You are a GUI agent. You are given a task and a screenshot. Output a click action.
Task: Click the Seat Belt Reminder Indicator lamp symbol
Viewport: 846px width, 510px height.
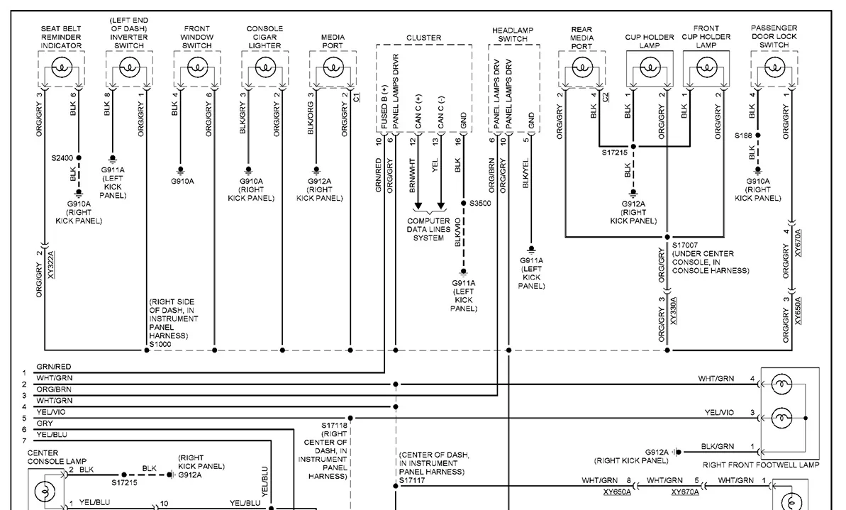tap(61, 68)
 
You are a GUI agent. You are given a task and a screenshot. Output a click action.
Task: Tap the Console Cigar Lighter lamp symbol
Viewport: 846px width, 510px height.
tap(265, 68)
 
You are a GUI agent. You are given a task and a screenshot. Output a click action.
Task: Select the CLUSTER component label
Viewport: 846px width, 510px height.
tap(423, 38)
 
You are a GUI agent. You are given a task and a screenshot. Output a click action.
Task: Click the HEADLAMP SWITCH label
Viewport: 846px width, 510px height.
tap(513, 35)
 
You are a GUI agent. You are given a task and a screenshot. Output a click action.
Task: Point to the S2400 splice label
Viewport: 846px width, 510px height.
tap(62, 158)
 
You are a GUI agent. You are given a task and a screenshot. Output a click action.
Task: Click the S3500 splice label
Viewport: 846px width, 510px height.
tap(480, 204)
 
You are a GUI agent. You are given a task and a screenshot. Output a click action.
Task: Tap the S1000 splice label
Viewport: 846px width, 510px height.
tap(160, 344)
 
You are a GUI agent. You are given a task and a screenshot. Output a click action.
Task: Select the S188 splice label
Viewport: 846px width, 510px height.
tap(743, 135)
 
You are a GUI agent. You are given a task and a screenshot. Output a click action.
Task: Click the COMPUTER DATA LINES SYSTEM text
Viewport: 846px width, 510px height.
tap(428, 229)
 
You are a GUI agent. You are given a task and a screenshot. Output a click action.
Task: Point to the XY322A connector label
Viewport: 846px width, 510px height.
tap(51, 265)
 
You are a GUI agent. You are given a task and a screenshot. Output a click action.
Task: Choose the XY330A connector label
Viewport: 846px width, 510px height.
tap(674, 311)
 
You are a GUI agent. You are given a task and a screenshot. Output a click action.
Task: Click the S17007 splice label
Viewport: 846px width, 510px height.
tap(685, 245)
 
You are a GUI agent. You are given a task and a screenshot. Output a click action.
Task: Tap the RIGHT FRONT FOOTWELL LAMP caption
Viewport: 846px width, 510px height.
tap(761, 465)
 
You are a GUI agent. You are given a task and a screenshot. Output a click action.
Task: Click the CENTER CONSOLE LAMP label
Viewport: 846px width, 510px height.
tap(57, 457)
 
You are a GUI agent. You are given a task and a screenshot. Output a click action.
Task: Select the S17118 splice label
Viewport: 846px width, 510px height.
tap(335, 426)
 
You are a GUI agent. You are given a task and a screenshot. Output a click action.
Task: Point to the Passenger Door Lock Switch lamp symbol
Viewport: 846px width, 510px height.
tap(774, 68)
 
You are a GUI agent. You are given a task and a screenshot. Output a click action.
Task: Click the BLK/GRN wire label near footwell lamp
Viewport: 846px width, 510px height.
tap(718, 446)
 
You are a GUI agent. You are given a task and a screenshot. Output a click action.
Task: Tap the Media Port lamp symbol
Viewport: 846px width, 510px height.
tap(333, 68)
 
